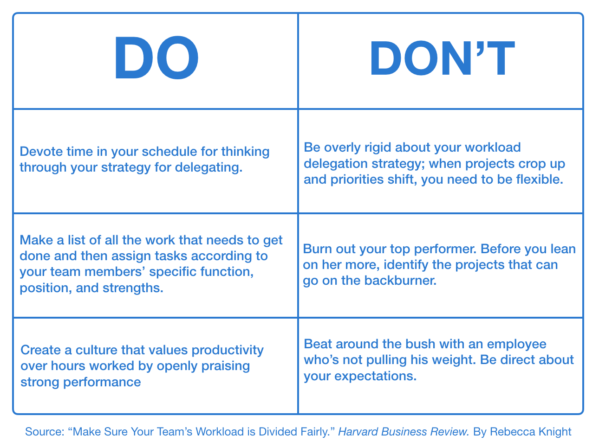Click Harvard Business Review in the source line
pyautogui.click(x=403, y=432)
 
